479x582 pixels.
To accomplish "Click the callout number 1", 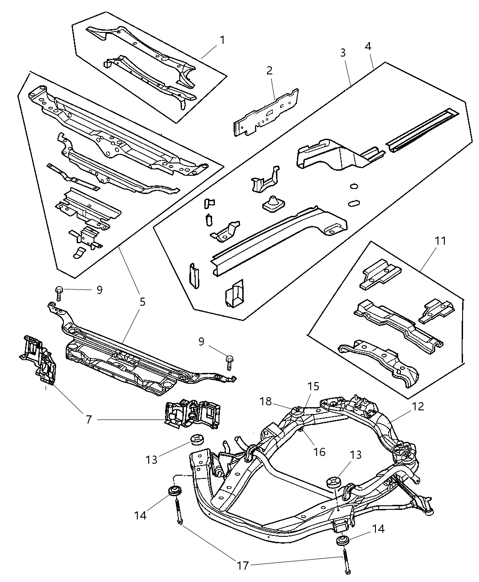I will (222, 40).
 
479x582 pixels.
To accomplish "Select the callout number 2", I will (269, 70).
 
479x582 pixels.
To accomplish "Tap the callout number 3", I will (343, 52).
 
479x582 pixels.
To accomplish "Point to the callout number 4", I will (368, 47).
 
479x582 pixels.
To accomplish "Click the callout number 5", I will (142, 302).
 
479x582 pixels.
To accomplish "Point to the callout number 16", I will (319, 451).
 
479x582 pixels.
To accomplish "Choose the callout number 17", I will (243, 566).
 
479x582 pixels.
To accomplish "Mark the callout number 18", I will (266, 402).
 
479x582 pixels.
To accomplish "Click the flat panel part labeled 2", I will (267, 112).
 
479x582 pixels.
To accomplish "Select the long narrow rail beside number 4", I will (420, 125).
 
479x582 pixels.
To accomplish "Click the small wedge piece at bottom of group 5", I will (79, 253).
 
